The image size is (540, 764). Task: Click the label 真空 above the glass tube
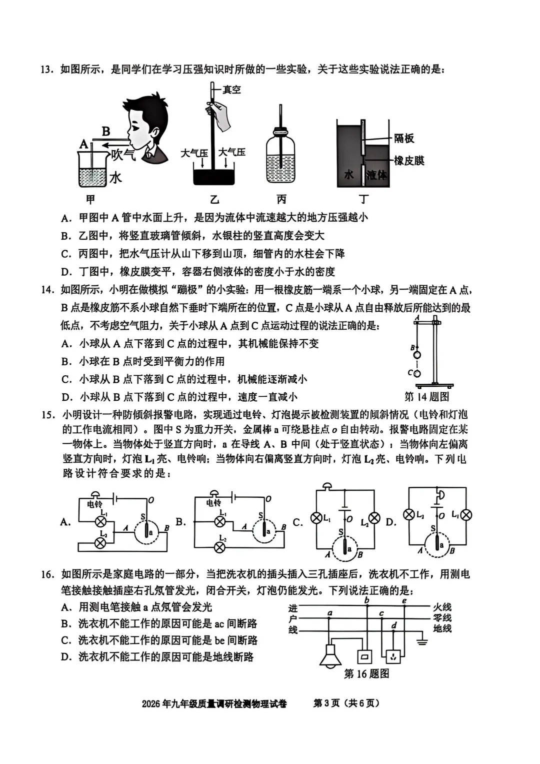point(231,90)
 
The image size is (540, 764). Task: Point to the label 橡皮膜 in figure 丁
point(409,161)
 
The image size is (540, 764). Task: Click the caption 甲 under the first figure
point(90,200)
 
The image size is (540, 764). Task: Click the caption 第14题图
point(426,397)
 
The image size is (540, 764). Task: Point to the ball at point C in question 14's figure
point(417,373)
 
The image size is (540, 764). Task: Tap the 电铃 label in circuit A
point(94,504)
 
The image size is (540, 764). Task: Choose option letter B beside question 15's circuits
point(180,522)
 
